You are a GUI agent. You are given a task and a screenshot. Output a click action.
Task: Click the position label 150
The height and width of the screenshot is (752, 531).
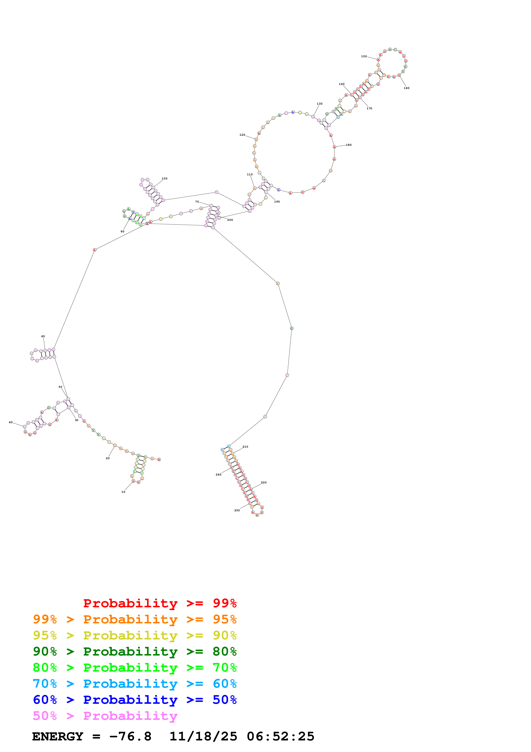[x=364, y=56]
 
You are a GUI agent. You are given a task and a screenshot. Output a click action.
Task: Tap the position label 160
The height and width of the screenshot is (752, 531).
[x=406, y=88]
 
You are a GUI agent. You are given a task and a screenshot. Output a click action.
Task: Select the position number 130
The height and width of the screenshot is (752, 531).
[x=319, y=104]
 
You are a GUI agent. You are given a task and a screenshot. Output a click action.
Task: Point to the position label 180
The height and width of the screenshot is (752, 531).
[x=349, y=145]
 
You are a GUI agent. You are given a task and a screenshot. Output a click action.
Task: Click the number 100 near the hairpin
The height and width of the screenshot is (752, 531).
[x=164, y=179]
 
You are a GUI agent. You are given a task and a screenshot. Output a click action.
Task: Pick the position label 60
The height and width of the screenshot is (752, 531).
[x=43, y=336]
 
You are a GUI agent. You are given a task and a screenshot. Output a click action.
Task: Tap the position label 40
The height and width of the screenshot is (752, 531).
[x=10, y=422]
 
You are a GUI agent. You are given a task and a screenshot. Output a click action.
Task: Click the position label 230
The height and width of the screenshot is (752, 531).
[x=237, y=510]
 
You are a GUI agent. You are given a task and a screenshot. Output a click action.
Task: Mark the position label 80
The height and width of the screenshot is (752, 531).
[x=122, y=232]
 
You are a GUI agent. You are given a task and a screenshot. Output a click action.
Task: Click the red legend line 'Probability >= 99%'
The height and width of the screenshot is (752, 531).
[x=160, y=603]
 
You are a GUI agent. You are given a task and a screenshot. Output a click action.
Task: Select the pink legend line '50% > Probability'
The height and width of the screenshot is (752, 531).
[x=105, y=716]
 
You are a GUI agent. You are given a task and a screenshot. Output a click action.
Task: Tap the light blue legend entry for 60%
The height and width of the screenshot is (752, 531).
[x=135, y=684]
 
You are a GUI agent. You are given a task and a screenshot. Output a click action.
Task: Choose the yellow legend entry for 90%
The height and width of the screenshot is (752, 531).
[x=135, y=635]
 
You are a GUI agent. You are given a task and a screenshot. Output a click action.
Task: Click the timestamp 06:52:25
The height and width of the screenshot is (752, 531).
[x=280, y=737]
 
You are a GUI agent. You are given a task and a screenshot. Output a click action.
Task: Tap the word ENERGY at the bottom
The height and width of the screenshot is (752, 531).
[x=58, y=737]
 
